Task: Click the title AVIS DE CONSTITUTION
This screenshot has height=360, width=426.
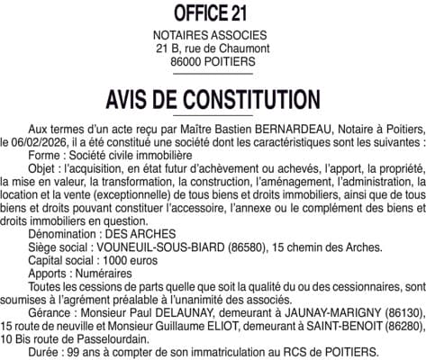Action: pos(213,97)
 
